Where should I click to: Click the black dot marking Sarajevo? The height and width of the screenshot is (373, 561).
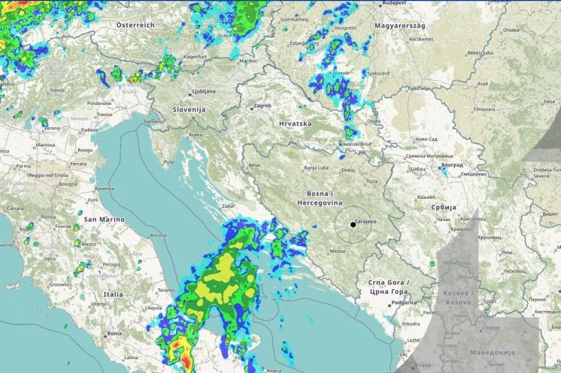point(353,224)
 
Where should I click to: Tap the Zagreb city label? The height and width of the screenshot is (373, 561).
point(263,106)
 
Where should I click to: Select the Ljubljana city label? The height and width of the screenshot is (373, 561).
point(203,91)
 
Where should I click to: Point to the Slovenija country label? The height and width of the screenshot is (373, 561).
point(189,109)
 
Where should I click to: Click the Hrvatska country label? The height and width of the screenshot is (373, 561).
point(295,124)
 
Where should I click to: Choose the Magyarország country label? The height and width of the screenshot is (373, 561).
point(399,26)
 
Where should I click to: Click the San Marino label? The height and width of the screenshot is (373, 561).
point(104,219)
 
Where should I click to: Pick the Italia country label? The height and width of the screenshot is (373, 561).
point(113,294)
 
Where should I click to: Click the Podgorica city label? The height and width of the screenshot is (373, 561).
point(404,302)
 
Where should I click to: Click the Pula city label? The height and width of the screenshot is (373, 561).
point(167,162)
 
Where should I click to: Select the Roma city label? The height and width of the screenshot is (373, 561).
point(115,334)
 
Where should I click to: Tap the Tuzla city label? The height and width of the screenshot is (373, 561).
point(372,182)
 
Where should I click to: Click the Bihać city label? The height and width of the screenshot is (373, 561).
point(255,166)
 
